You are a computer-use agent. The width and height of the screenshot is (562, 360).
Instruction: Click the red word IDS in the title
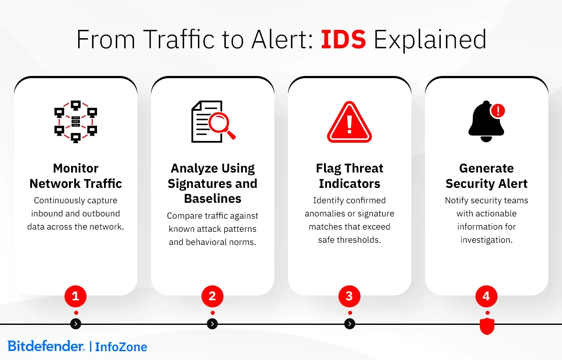[343, 40]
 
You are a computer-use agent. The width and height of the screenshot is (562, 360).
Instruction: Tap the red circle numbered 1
[76, 296]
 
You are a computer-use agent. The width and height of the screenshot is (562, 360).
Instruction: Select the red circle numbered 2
[213, 296]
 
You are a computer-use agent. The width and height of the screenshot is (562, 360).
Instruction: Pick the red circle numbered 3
[349, 296]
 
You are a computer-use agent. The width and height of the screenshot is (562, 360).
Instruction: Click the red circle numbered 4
[486, 296]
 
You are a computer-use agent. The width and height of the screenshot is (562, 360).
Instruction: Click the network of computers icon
[76, 122]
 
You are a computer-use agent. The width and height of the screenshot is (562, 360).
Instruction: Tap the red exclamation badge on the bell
[497, 111]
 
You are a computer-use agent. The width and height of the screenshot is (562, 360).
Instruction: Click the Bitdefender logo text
[46, 346]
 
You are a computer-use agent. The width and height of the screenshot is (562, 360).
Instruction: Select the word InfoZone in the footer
[121, 347]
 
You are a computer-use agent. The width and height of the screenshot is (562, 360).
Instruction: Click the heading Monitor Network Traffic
[76, 176]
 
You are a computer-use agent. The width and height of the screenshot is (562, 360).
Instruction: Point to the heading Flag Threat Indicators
[349, 176]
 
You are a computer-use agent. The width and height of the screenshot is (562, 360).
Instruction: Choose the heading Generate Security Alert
[486, 176]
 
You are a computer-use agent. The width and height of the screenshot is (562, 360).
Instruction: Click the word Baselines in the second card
[213, 198]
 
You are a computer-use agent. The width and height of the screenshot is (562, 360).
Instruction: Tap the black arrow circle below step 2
[213, 324]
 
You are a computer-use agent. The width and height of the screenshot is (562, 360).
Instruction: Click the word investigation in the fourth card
[486, 240]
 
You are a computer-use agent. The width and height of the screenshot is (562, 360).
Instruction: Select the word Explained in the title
[430, 40]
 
